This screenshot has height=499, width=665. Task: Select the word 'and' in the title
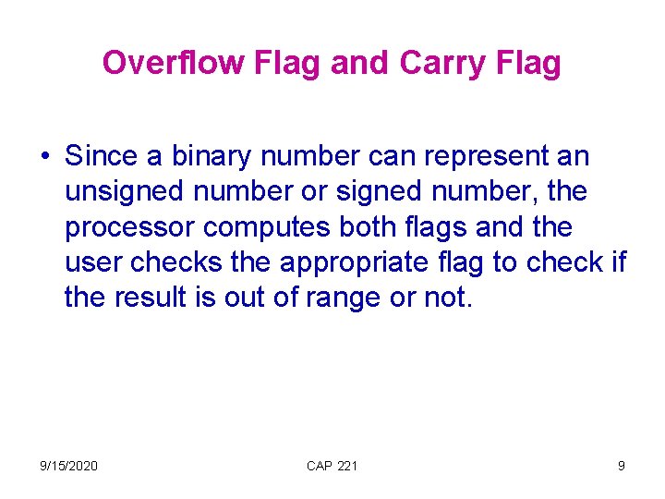pyautogui.click(x=361, y=63)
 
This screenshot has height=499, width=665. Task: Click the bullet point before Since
pyautogui.click(x=45, y=157)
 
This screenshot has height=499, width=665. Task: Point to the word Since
pyautogui.click(x=102, y=156)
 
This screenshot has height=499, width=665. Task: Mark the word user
pyautogui.click(x=93, y=262)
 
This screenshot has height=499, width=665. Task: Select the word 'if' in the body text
pyautogui.click(x=618, y=262)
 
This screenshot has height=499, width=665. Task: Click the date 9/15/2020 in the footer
pyautogui.click(x=68, y=466)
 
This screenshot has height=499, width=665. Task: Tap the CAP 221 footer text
pyautogui.click(x=332, y=466)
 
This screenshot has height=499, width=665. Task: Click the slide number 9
pyautogui.click(x=621, y=466)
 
